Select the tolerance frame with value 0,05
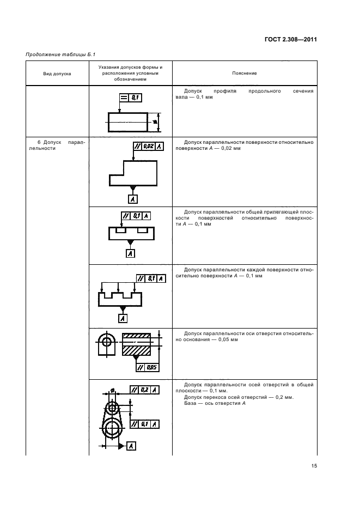tap(148, 367)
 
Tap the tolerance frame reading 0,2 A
tap(145, 390)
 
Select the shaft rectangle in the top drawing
tap(128, 122)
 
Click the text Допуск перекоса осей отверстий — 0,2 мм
tap(239, 397)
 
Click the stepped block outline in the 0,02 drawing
tap(134, 173)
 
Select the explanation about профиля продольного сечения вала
tap(245, 94)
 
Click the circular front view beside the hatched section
tap(107, 342)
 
